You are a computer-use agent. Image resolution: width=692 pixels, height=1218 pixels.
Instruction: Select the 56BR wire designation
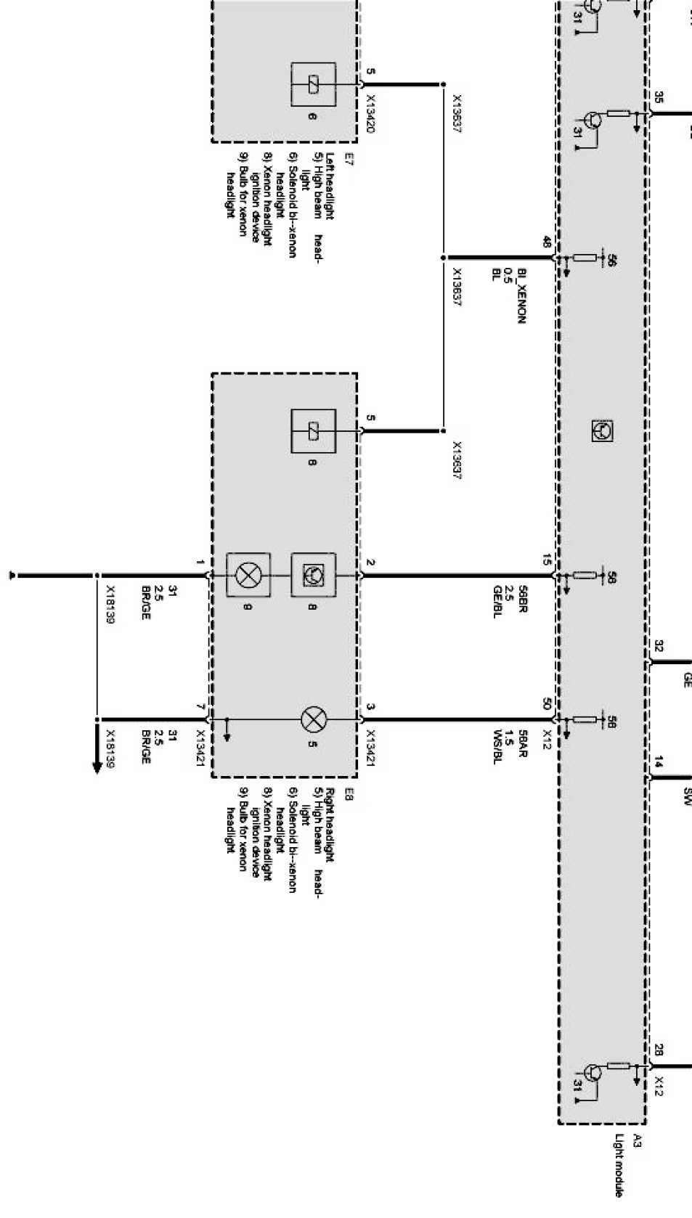click(x=522, y=602)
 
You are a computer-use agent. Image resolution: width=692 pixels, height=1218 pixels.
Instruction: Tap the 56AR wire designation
click(x=522, y=745)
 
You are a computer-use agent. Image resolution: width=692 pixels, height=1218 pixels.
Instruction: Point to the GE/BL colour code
click(x=497, y=602)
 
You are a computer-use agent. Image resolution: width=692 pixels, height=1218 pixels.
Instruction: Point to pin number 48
click(x=546, y=242)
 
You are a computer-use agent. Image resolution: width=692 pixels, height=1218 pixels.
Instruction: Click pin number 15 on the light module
click(x=546, y=560)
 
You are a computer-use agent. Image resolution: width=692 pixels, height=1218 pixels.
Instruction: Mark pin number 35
click(x=658, y=97)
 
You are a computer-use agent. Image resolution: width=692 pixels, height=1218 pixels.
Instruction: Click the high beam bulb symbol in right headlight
click(x=314, y=720)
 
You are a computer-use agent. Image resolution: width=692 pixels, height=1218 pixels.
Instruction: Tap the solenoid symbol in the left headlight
click(x=314, y=85)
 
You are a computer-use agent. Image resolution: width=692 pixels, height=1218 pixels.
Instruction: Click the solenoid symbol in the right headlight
click(x=314, y=431)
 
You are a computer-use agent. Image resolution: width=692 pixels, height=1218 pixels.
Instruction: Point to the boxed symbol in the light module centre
click(x=602, y=431)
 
